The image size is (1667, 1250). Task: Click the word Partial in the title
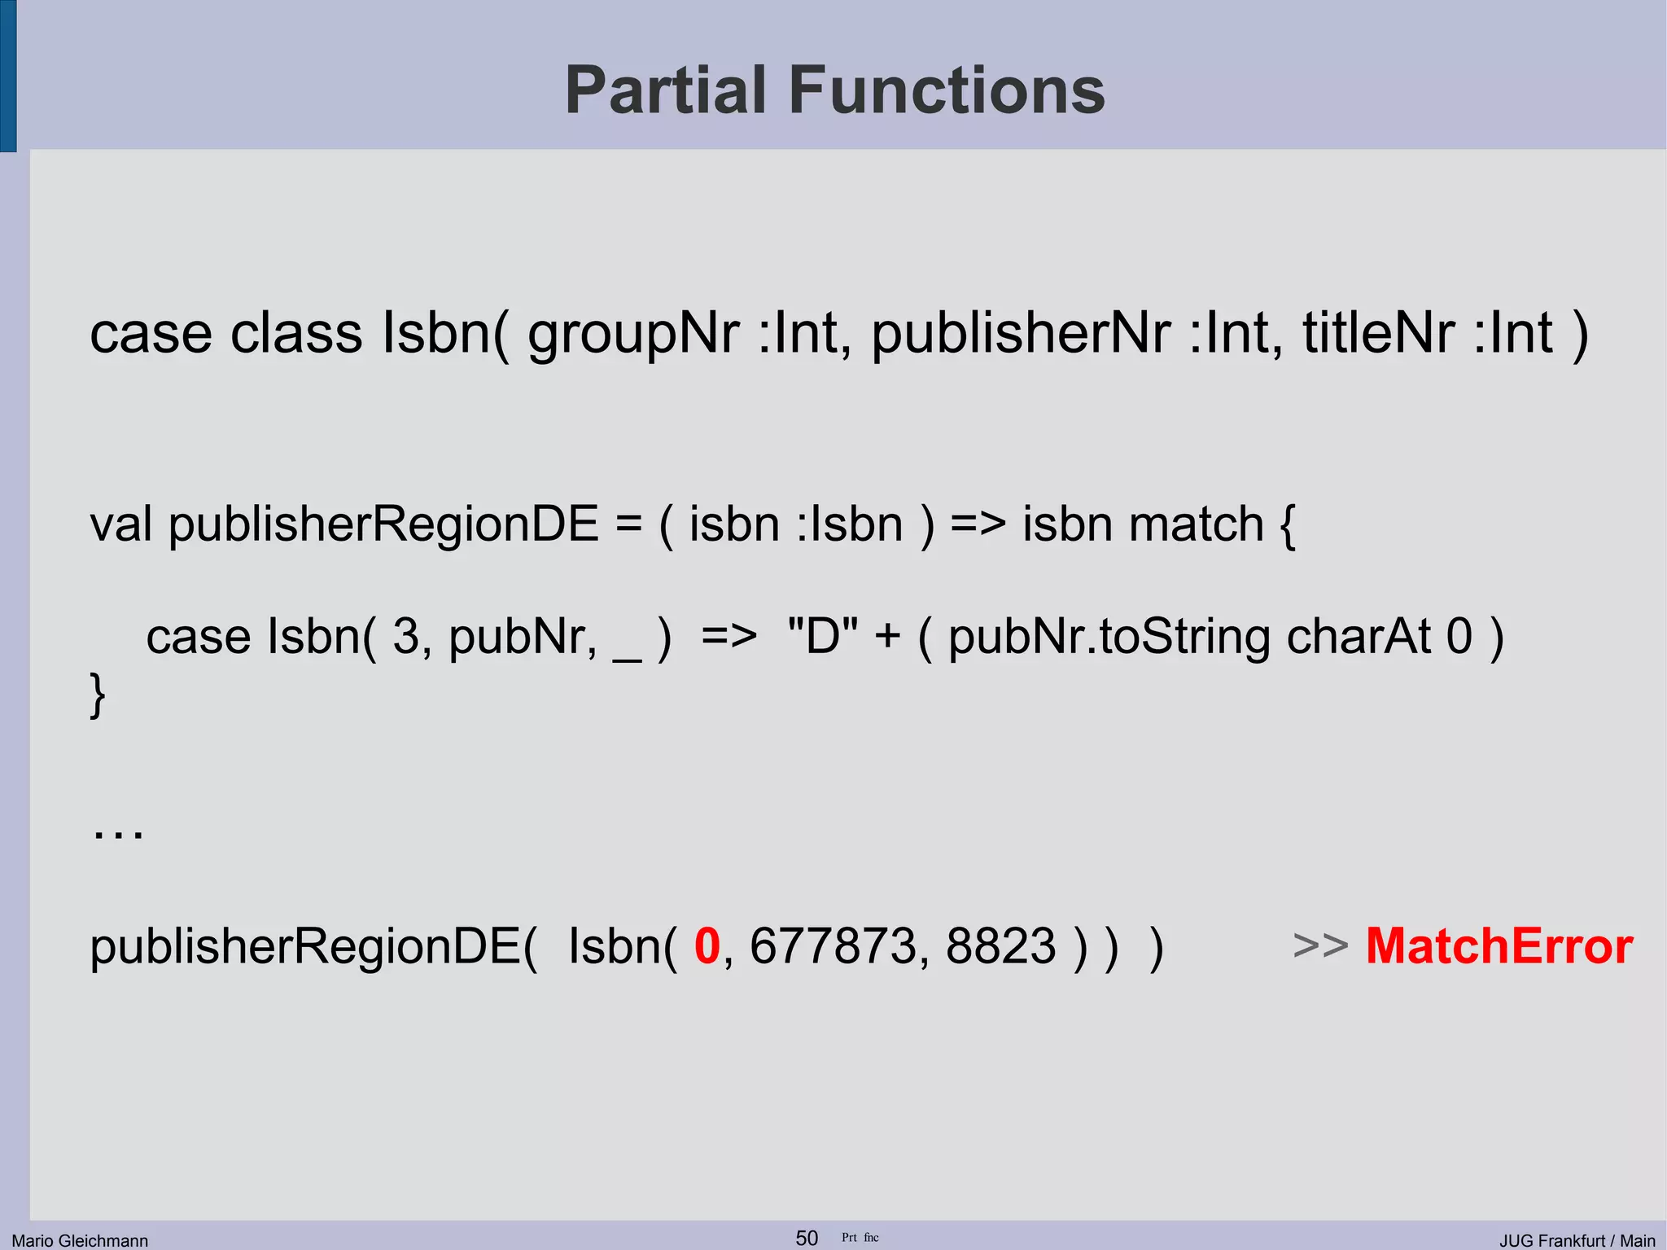coord(666,90)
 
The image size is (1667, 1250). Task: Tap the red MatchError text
coord(1499,946)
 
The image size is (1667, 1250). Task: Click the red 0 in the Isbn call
coord(707,946)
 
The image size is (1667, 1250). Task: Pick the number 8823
coord(1000,946)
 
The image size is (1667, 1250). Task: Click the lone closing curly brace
coord(97,695)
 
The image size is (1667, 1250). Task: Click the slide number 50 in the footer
coord(806,1238)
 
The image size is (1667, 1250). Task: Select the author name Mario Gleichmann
coord(80,1240)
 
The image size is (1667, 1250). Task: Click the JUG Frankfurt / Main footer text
coord(1577,1240)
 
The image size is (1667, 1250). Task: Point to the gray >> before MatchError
coord(1319,946)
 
